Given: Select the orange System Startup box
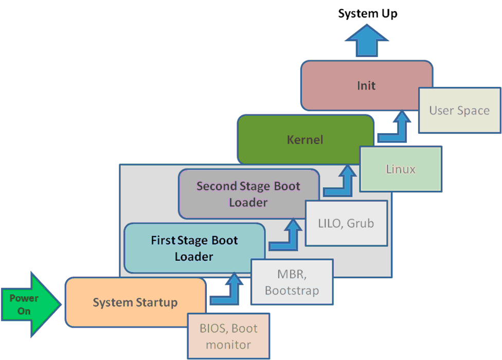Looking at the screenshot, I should (135, 302).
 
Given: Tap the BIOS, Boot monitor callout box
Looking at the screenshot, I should (228, 336).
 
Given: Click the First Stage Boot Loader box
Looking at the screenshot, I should (194, 248).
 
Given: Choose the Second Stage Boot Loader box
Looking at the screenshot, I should (248, 194).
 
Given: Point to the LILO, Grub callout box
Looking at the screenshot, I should (346, 223).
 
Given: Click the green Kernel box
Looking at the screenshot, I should (305, 139).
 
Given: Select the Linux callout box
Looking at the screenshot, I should (400, 169).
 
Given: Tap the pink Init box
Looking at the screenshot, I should (366, 85).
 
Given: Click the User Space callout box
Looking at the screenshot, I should (459, 110).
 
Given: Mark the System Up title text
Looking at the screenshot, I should (367, 14).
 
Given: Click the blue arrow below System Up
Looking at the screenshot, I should (367, 41).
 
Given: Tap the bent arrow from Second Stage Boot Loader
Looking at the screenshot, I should (343, 182).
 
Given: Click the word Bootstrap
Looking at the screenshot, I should (292, 290).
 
